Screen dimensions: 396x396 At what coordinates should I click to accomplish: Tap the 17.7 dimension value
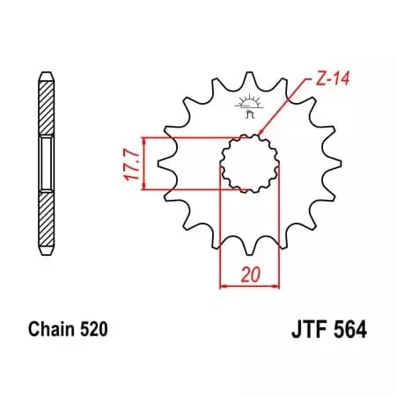128,164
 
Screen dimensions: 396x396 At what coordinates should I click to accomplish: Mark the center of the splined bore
248,164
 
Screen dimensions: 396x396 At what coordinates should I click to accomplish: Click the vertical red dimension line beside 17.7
142,164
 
